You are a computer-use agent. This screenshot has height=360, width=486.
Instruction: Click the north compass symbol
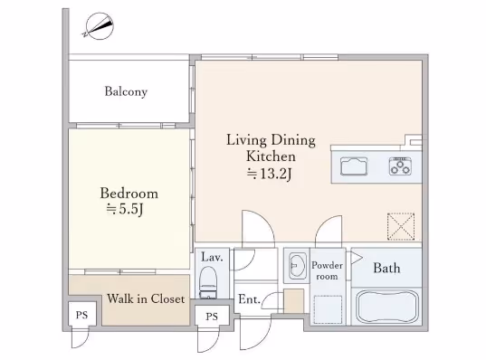[x=99, y=26]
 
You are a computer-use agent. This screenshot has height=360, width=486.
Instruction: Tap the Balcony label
[x=126, y=91]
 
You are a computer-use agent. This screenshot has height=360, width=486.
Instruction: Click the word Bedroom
[x=129, y=194]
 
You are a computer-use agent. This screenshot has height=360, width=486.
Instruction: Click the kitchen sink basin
[x=354, y=166]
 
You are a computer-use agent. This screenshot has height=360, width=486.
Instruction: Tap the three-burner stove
[x=400, y=166]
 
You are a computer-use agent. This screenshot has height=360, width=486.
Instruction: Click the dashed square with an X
[x=401, y=226]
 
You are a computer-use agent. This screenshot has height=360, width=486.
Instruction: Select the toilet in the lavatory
[x=208, y=282]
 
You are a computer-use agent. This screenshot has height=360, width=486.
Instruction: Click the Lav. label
[x=212, y=257]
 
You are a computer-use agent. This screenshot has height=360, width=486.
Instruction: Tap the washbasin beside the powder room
[x=298, y=266]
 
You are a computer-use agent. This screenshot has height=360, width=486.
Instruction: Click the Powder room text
[x=327, y=270]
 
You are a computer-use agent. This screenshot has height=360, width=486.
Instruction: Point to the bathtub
[x=387, y=307]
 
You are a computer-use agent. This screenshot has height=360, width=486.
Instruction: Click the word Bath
[x=386, y=269]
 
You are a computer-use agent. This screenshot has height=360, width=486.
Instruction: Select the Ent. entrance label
[x=249, y=299]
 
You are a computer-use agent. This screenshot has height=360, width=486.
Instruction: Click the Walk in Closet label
[x=146, y=298]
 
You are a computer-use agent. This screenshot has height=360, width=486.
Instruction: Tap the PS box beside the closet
[x=82, y=314]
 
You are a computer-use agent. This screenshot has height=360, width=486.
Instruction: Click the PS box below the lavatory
[x=212, y=316]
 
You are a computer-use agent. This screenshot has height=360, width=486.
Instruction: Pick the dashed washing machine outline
[x=328, y=309]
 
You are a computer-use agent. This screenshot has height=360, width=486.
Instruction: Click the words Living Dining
[x=271, y=140]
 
